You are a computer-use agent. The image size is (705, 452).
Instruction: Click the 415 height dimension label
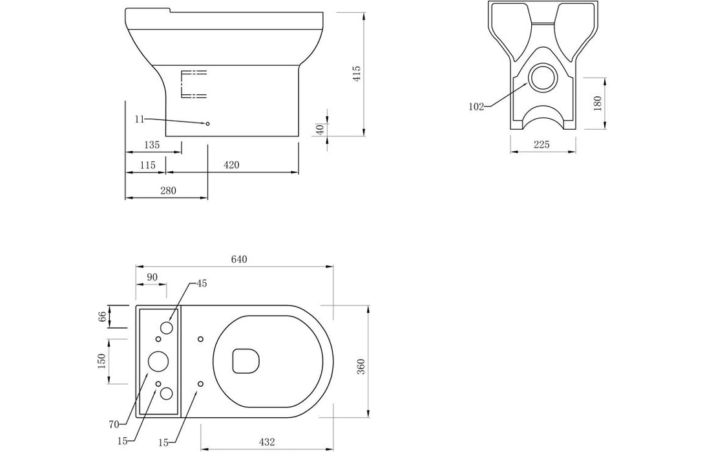[357, 74]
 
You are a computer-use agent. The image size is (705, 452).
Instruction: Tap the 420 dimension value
[231, 165]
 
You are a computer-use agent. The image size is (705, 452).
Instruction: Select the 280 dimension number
[168, 190]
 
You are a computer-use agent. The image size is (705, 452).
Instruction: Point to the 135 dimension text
[152, 145]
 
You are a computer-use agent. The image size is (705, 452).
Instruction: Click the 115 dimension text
[147, 165]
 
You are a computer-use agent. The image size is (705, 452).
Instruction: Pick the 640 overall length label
[239, 259]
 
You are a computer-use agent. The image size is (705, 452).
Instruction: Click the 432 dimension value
[267, 442]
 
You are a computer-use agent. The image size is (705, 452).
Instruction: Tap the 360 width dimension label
[362, 367]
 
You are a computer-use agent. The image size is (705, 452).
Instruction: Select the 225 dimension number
[542, 144]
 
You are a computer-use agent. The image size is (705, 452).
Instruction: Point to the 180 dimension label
[597, 103]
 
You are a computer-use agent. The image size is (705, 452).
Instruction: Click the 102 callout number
[476, 107]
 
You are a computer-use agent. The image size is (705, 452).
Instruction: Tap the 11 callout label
[140, 119]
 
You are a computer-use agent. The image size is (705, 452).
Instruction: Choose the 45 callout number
[202, 283]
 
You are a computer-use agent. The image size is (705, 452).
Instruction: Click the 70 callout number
[113, 424]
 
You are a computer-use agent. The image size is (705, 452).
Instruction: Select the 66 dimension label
[102, 316]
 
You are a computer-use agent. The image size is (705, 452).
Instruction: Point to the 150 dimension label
[101, 361]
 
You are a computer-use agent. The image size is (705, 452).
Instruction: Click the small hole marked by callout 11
[207, 123]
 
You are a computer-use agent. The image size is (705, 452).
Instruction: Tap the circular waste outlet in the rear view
[543, 77]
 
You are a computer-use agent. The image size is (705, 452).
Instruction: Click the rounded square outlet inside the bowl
[246, 360]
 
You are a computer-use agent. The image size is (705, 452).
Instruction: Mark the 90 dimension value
[153, 277]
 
